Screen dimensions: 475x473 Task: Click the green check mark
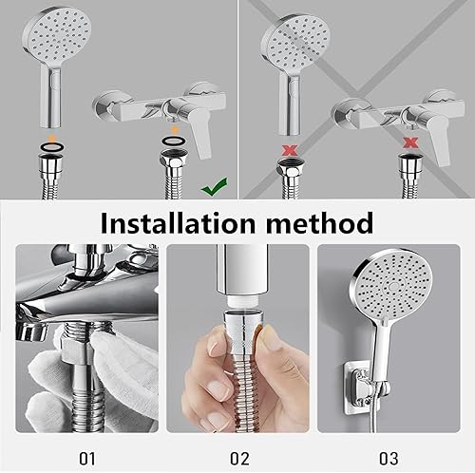point(214,187)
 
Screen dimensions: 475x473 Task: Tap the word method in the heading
point(319,223)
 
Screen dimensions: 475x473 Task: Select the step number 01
point(87,458)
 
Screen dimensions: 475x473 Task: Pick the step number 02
point(239,458)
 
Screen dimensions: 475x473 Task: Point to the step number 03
point(389,458)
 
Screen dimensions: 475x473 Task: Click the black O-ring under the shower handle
point(52,146)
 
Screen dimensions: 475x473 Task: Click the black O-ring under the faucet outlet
point(174,141)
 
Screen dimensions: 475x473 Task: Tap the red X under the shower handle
point(290,150)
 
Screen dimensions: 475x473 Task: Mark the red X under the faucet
point(410,142)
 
